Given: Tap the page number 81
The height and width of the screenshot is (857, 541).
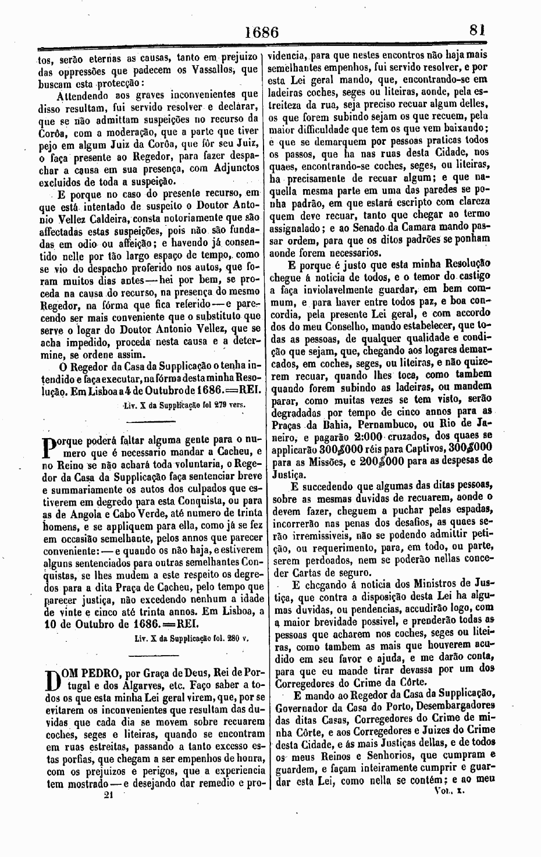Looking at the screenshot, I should (x=479, y=31).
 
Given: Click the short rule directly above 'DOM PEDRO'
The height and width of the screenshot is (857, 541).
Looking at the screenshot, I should (x=148, y=656).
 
